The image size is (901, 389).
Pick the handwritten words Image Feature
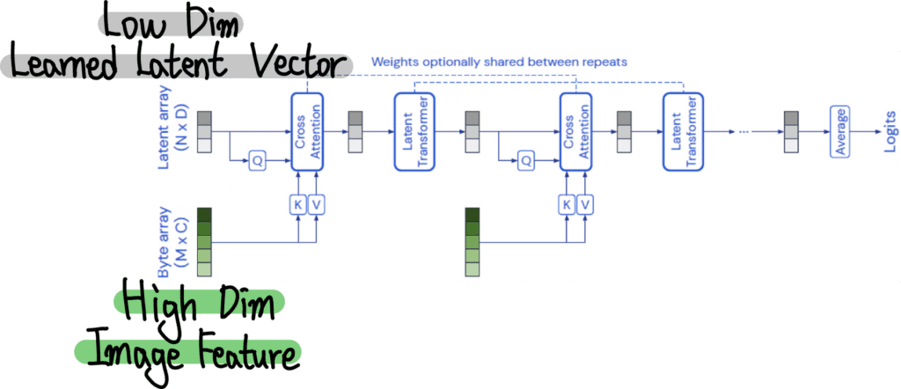(188, 349)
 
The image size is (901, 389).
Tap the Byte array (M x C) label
(172, 240)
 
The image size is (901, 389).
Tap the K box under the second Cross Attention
(567, 204)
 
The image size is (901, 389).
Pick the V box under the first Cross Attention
(318, 204)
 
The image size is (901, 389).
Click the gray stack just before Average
(791, 132)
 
